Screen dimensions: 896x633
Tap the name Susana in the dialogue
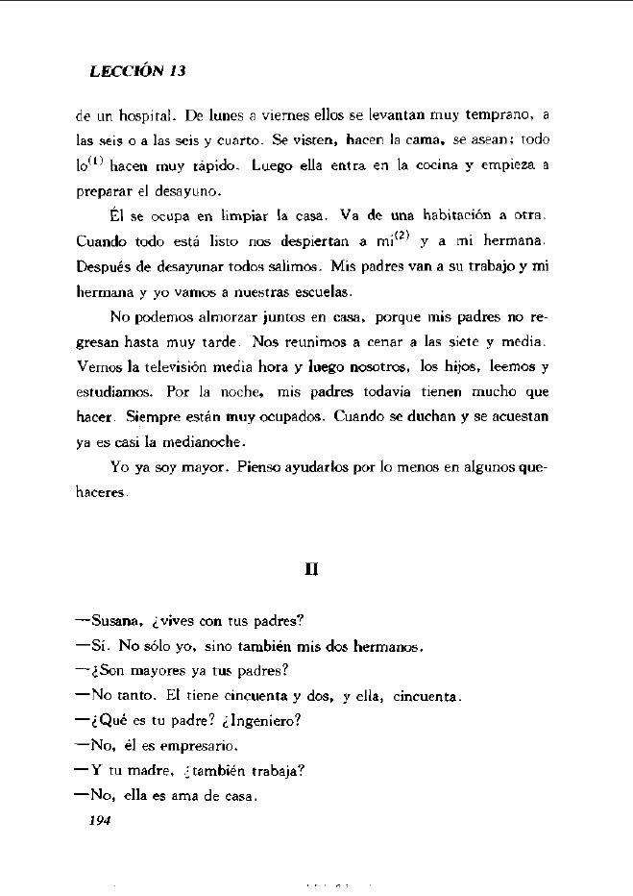pyautogui.click(x=115, y=621)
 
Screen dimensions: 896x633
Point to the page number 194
pyautogui.click(x=100, y=820)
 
